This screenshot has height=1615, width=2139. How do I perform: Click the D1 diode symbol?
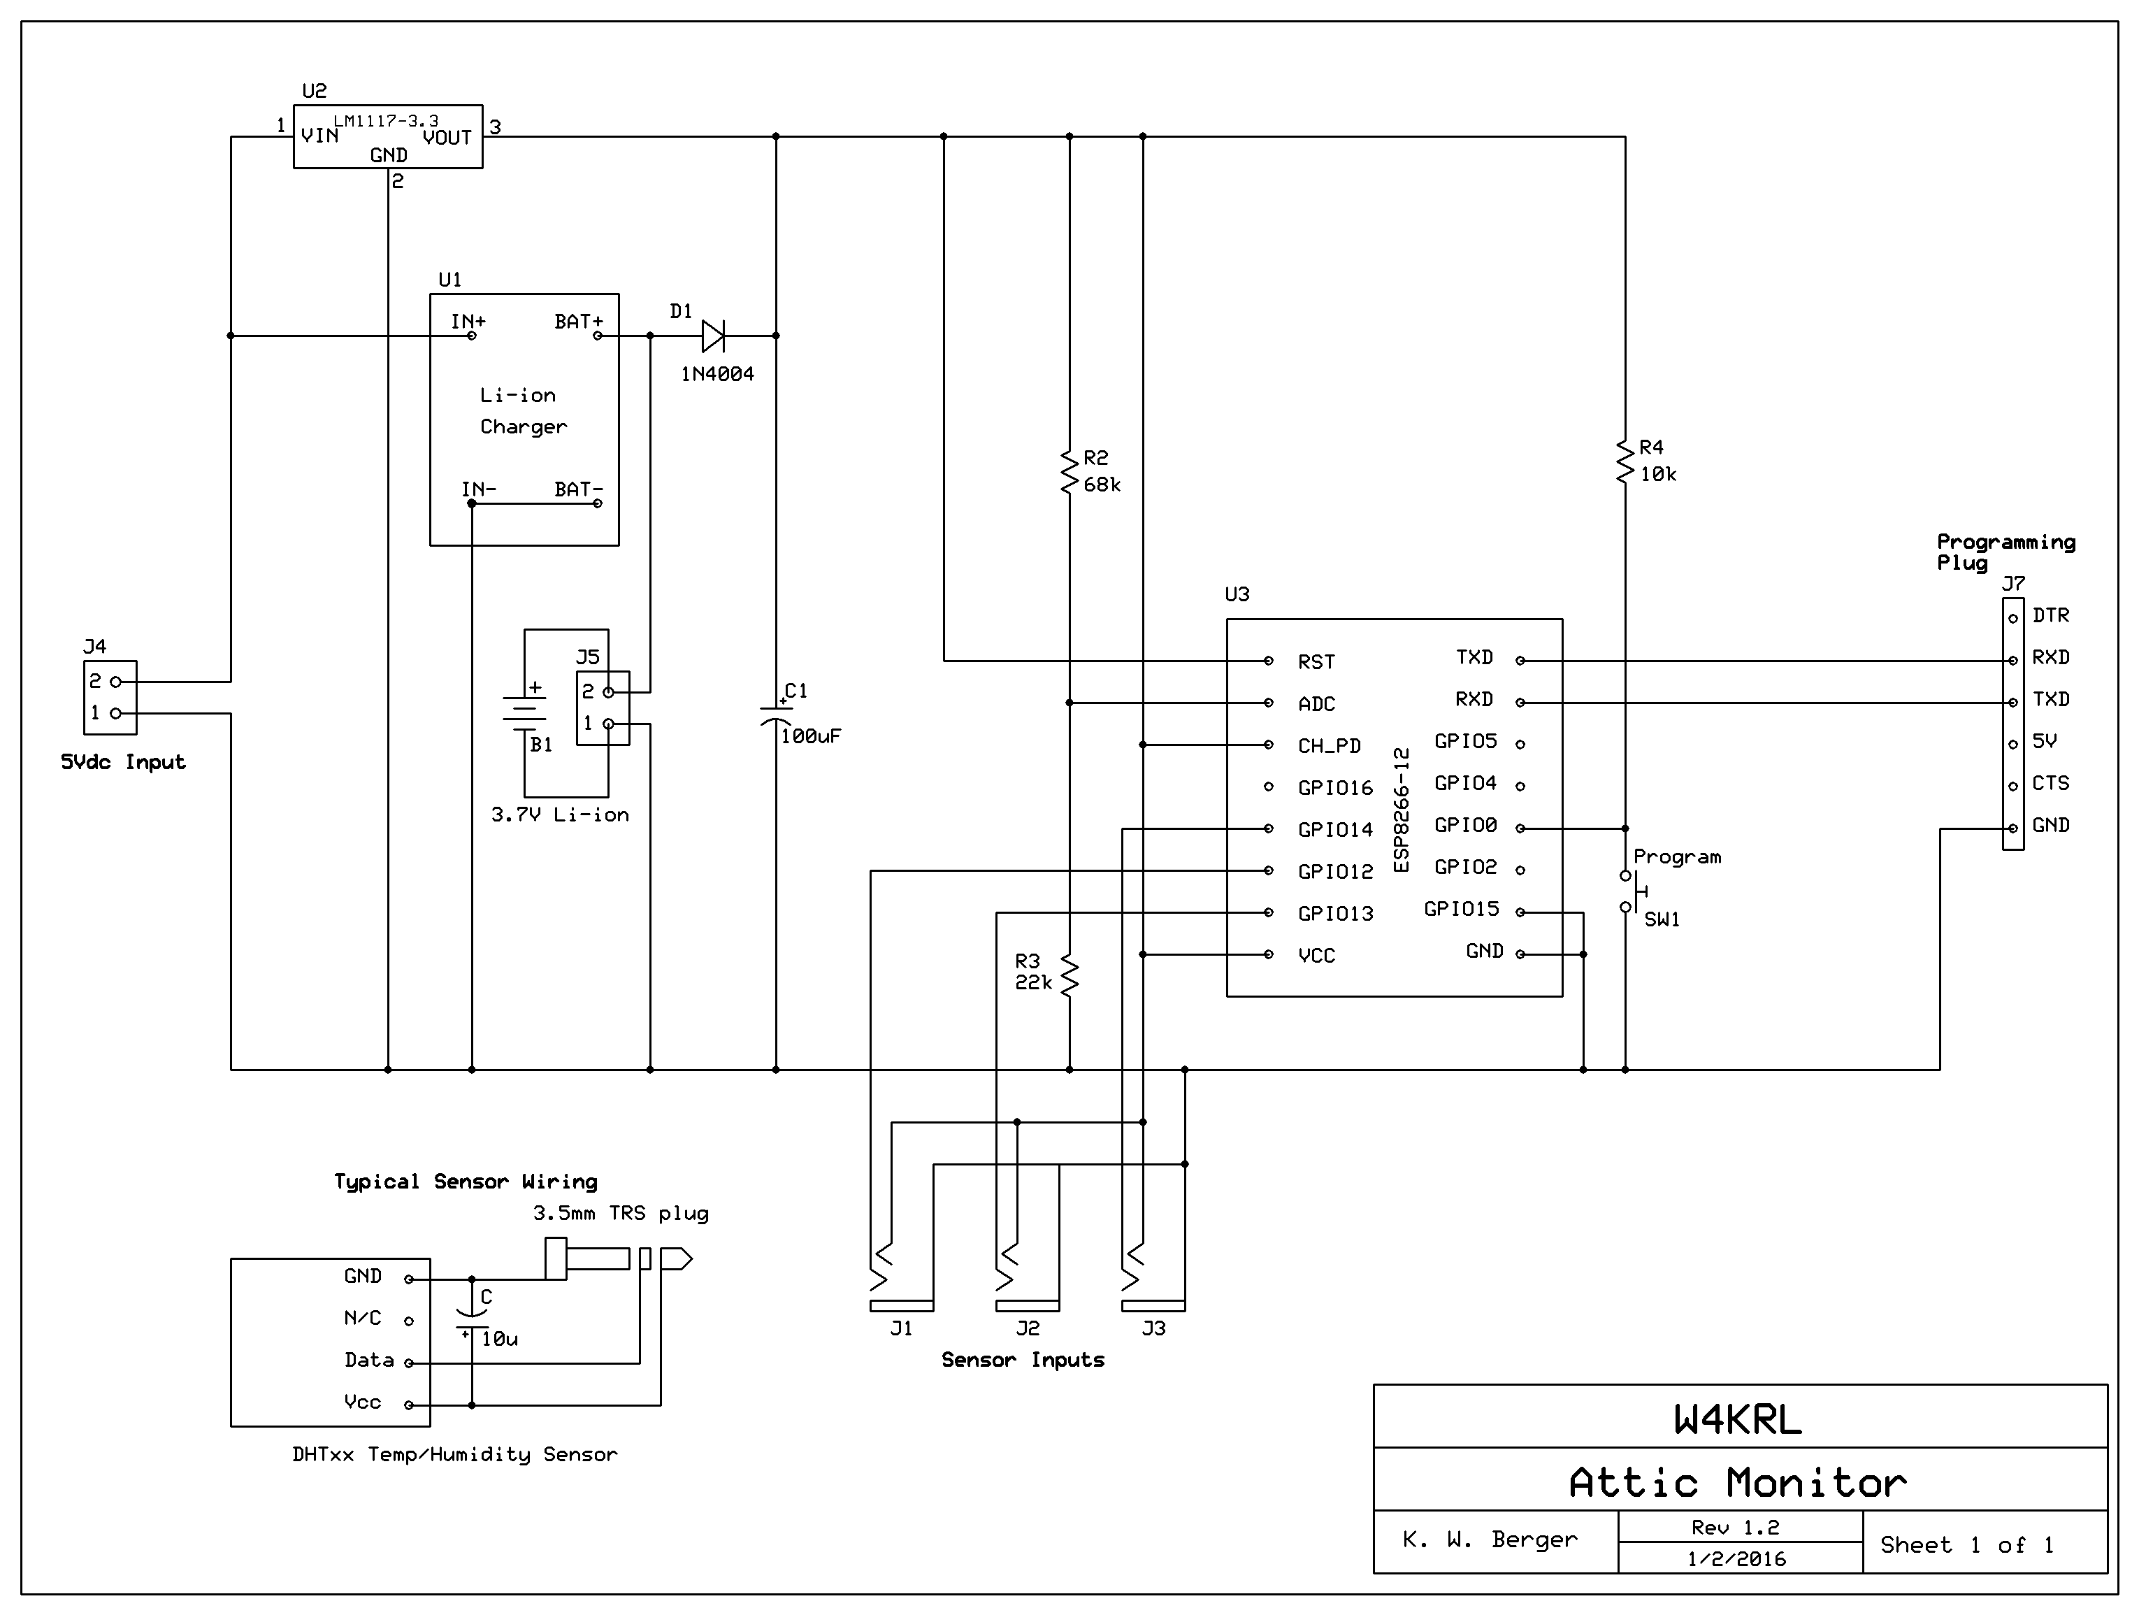tap(714, 336)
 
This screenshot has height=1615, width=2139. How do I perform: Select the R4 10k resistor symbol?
tap(1625, 461)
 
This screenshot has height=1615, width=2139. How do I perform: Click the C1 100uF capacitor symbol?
tap(775, 717)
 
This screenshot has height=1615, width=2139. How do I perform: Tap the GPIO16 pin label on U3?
tap(1334, 788)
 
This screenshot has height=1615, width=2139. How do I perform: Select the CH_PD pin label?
tap(1329, 745)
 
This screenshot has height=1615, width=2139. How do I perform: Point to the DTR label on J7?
tap(2050, 616)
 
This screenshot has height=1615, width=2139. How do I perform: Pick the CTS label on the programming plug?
tap(2050, 783)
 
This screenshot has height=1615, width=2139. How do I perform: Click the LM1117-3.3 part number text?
tap(386, 121)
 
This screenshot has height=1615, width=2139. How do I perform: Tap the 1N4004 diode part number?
tap(716, 374)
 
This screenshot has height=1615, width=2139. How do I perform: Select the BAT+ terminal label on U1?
tap(578, 321)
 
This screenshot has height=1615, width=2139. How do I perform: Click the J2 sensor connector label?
tap(1028, 1329)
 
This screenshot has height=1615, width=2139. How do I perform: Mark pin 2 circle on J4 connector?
tap(116, 682)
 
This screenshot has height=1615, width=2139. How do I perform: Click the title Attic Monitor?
tap(1738, 1482)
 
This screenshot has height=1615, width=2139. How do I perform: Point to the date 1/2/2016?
tap(1737, 1559)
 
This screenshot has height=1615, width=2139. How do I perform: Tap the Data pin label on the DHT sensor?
tap(368, 1361)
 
